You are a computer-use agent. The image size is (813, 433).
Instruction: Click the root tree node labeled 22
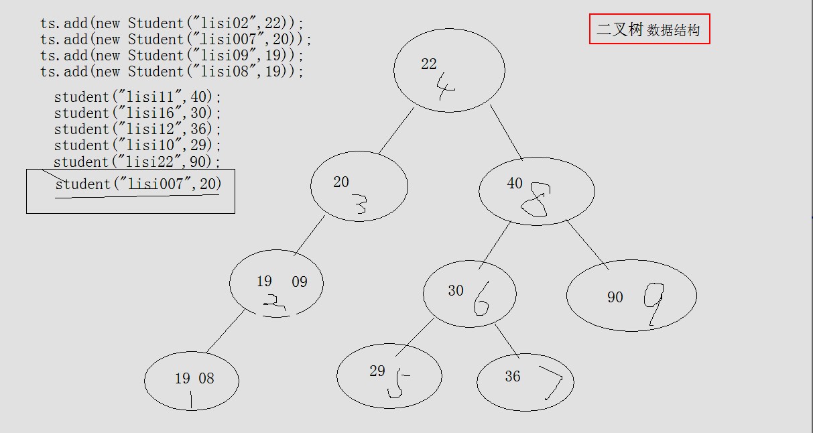(x=448, y=70)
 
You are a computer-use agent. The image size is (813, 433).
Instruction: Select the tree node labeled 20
(x=359, y=186)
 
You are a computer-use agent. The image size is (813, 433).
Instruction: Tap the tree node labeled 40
(x=536, y=191)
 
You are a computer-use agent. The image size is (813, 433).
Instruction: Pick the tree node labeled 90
(x=631, y=296)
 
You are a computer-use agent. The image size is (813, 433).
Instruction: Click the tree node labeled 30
(x=469, y=294)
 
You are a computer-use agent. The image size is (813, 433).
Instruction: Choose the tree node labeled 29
(x=389, y=375)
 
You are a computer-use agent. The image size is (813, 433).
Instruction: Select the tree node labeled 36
(x=525, y=382)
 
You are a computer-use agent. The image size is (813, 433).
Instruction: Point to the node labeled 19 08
(x=191, y=381)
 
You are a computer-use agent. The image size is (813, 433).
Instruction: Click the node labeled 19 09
(x=276, y=283)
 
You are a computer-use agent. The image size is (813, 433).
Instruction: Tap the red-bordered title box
(x=649, y=29)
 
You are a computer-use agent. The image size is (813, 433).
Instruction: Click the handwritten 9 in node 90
(x=653, y=302)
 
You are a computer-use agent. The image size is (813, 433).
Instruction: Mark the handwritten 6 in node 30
(x=481, y=299)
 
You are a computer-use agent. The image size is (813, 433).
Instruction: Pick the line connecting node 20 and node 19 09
(x=310, y=235)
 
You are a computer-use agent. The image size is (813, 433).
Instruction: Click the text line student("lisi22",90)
(x=137, y=162)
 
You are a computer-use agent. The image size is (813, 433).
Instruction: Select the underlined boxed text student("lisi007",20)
(x=137, y=184)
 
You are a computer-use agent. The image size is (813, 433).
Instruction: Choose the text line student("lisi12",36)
(x=137, y=129)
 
